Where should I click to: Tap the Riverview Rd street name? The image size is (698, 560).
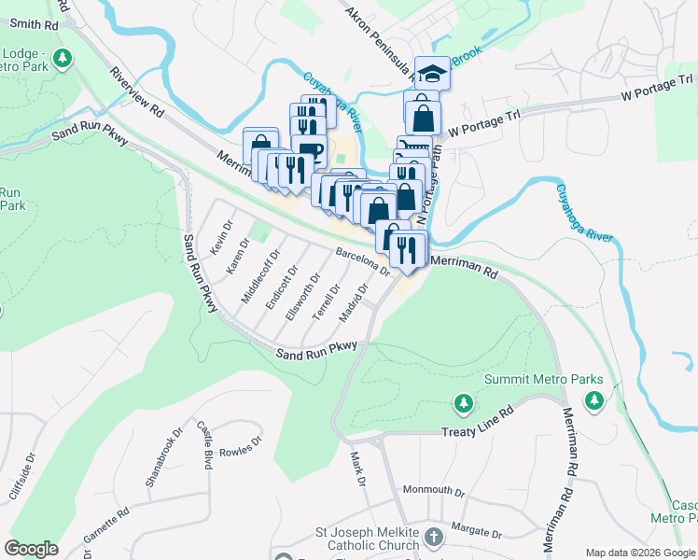point(136,92)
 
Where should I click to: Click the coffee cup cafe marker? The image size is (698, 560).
point(309,150)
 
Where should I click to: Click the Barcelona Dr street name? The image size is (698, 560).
point(362,260)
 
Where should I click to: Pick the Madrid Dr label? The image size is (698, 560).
point(355,302)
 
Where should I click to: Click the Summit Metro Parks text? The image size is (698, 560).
point(543,380)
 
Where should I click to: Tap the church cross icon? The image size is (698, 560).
point(433,537)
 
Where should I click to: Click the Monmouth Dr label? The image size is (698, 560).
point(433,490)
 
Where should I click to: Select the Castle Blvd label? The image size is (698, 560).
point(205,444)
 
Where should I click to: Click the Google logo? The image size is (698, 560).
point(32,548)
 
